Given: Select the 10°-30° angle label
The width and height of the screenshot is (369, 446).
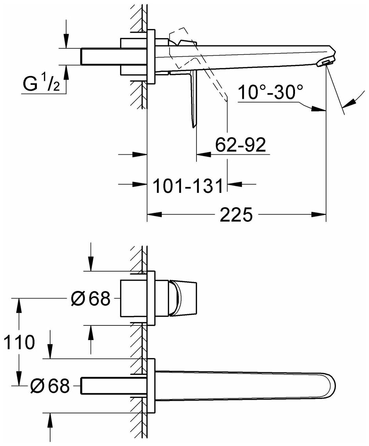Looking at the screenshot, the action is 270,92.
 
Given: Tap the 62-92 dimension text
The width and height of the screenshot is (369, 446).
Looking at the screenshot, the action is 240,145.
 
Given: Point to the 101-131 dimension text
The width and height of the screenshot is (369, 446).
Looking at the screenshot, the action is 187,186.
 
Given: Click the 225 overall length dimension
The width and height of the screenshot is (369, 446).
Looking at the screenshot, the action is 236,215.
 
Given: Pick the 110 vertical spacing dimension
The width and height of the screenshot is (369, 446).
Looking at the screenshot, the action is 19,342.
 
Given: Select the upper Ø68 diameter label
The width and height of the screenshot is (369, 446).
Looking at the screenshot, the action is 90,299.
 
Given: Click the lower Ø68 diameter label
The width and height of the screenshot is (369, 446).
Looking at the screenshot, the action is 50,386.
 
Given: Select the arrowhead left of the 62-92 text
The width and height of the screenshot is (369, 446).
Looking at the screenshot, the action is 204,154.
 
